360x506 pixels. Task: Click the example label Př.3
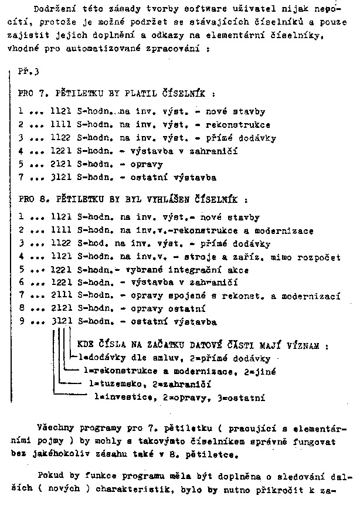(x=27, y=72)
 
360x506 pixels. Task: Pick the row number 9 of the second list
(x=21, y=322)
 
